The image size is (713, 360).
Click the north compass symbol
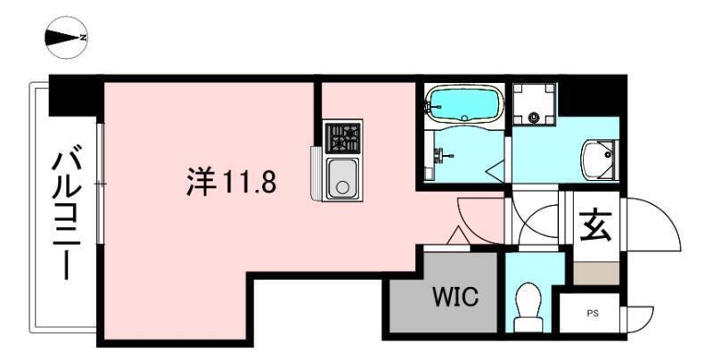click(65, 37)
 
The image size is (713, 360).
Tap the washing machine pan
click(534, 104)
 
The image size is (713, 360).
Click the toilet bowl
click(529, 300)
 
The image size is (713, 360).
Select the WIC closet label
click(455, 297)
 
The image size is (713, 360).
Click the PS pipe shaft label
click(593, 313)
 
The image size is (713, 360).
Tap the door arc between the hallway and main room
click(477, 218)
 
